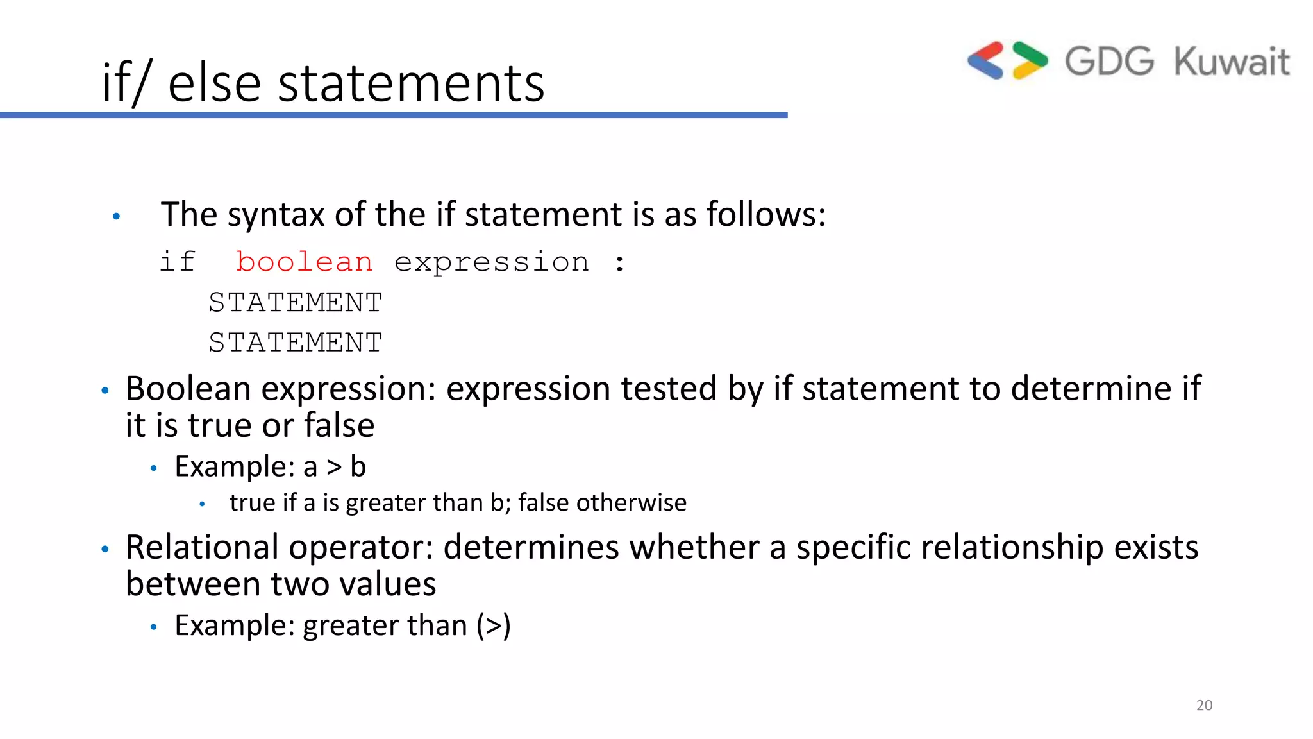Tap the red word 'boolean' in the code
[304, 262]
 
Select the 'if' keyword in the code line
[177, 262]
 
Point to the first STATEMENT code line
[296, 303]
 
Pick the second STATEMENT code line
[296, 343]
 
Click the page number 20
[1204, 705]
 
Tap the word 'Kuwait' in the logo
[1232, 62]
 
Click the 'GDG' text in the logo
[1109, 62]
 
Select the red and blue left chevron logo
[986, 60]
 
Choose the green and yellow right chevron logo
[1030, 60]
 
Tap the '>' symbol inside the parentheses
[494, 626]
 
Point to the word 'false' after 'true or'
[339, 425]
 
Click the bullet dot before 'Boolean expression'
[106, 390]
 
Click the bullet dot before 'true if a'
[202, 504]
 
